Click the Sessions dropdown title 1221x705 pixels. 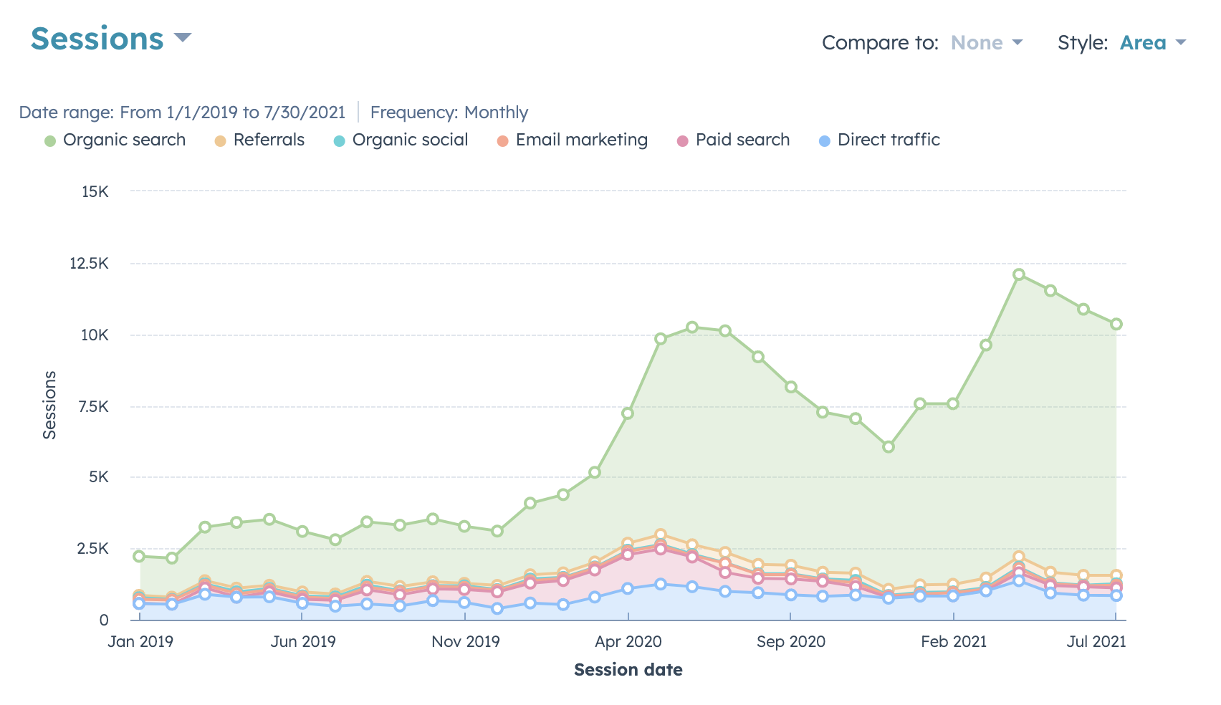click(x=110, y=39)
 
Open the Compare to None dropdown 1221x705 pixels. click(x=985, y=43)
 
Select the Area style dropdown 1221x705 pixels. click(x=1151, y=43)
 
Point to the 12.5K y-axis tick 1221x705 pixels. click(x=89, y=264)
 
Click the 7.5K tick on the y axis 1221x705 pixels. click(x=93, y=407)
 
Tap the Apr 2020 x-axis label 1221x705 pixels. click(x=628, y=641)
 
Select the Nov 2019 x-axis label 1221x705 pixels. click(x=465, y=641)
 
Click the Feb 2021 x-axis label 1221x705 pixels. click(x=953, y=641)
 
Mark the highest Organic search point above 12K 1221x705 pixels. click(x=1018, y=274)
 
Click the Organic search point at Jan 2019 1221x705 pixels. click(x=139, y=556)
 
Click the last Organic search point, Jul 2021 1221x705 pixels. click(x=1116, y=324)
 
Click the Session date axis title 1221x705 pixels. click(x=628, y=670)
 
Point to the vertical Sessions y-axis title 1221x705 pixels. click(x=49, y=405)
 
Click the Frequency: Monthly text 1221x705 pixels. click(x=449, y=112)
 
